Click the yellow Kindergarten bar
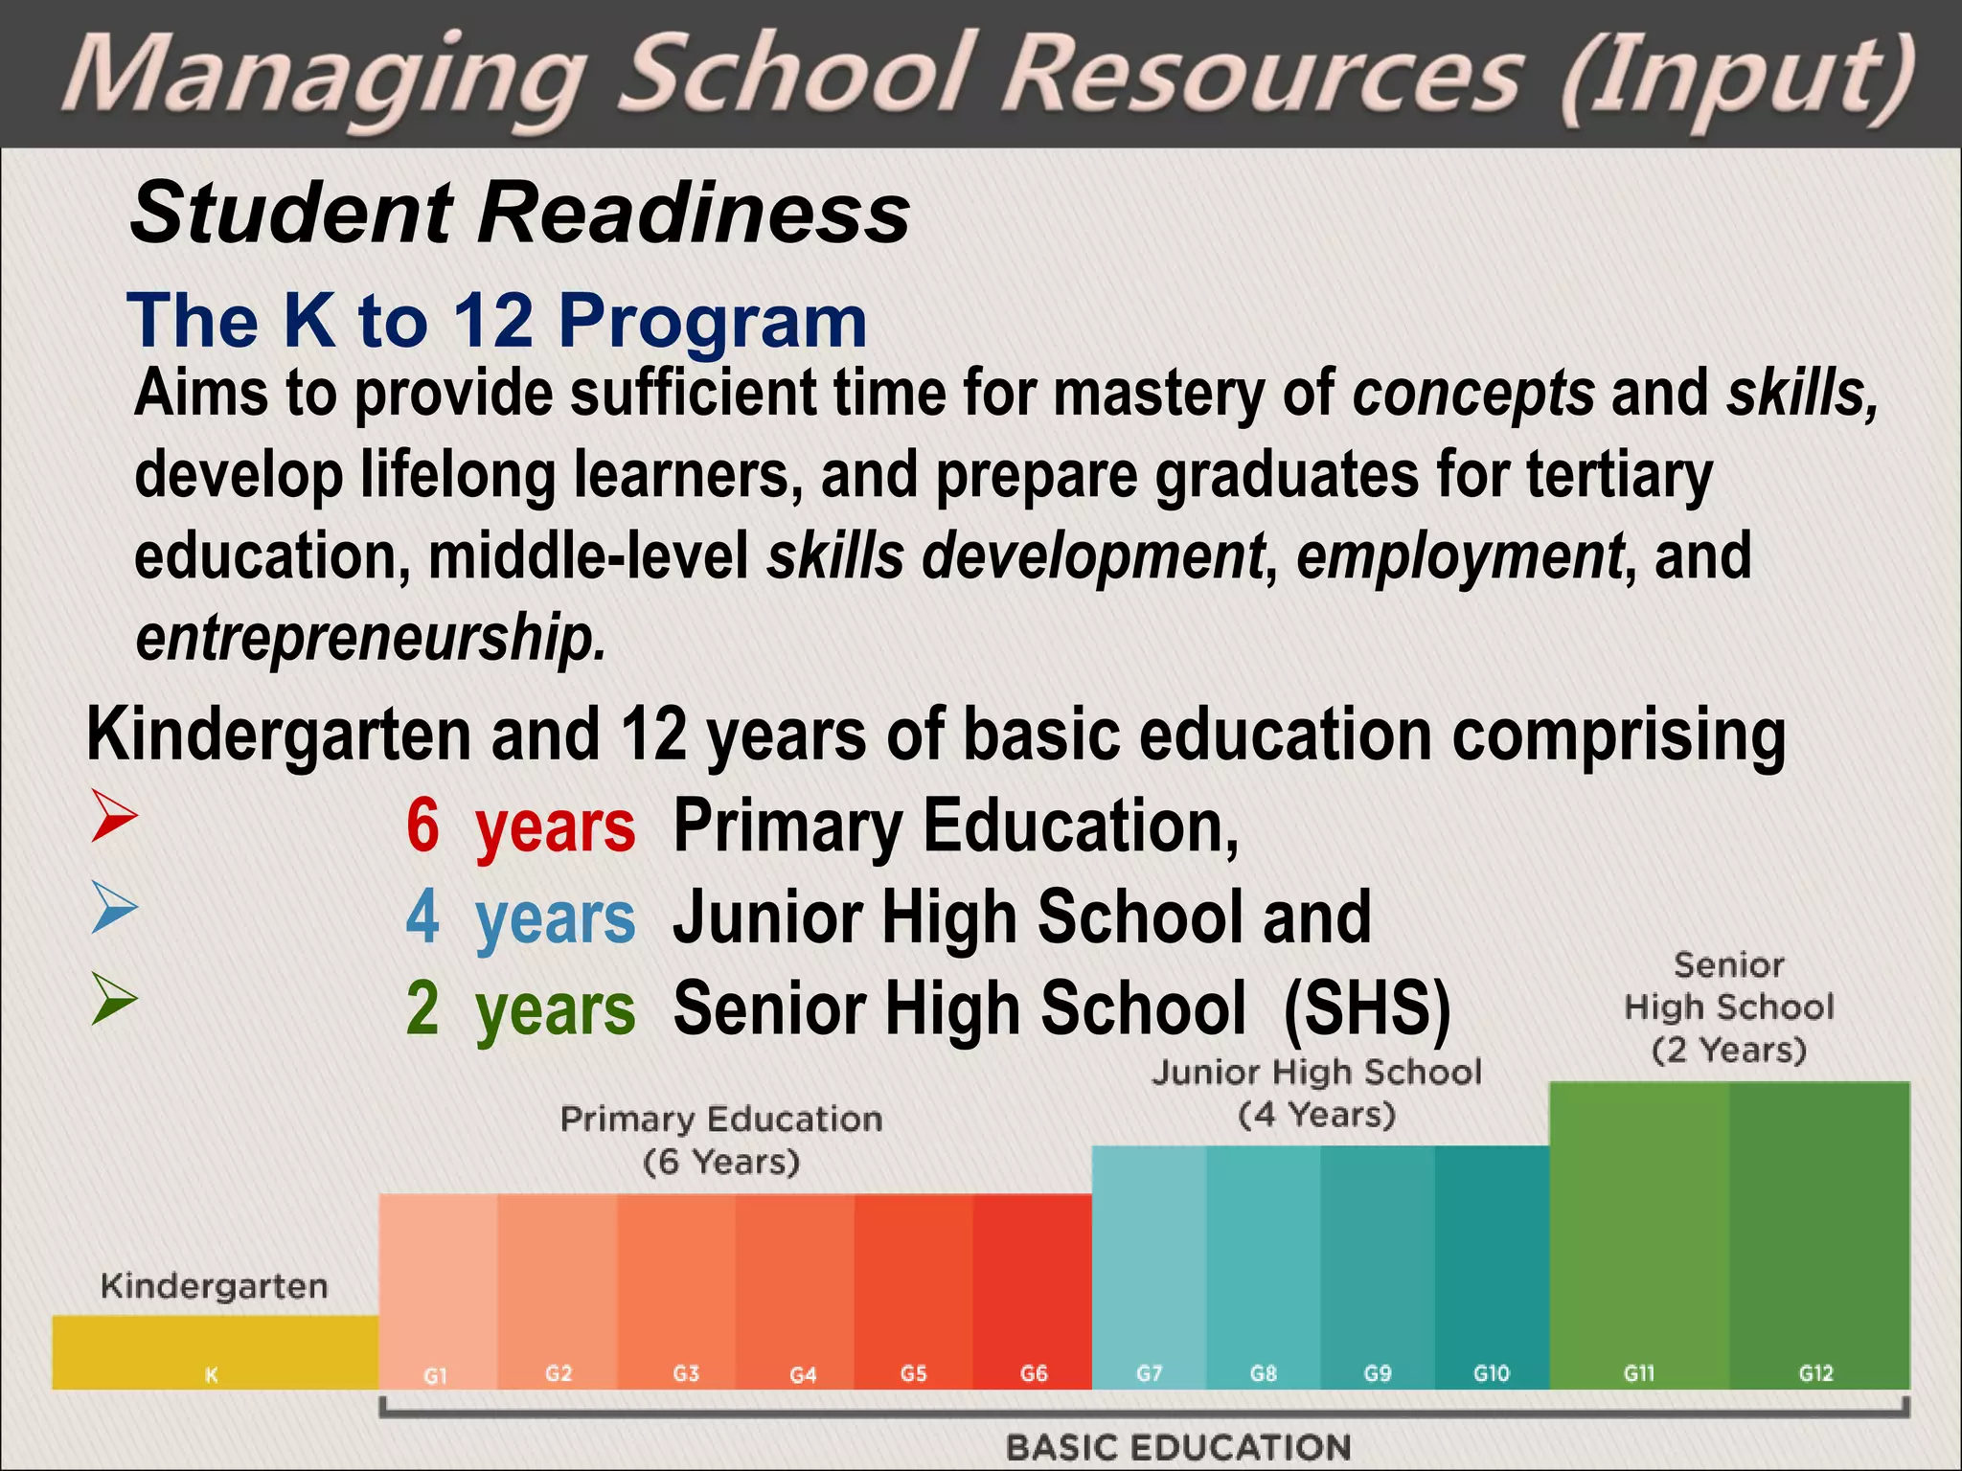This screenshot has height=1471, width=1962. pos(215,1352)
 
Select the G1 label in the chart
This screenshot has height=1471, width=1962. pos(436,1376)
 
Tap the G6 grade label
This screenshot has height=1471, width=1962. pos(1034,1374)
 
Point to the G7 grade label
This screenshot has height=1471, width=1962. pos(1149,1374)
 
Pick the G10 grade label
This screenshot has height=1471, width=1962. pos(1491,1374)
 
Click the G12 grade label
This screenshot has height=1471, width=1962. pos(1815,1374)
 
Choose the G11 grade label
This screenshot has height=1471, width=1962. pos(1639,1374)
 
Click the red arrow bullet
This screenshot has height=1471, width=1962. pos(114,817)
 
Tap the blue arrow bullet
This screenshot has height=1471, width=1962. pos(114,907)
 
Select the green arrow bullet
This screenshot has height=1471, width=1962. pos(114,999)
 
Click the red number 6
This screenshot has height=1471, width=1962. pos(422,826)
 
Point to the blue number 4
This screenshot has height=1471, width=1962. pos(422,917)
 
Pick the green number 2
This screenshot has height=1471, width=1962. pos(422,1008)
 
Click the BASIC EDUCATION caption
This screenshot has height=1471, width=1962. pos(1178,1447)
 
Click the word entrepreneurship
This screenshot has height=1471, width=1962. pos(371,638)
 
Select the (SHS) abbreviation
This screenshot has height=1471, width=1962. pos(1366,1008)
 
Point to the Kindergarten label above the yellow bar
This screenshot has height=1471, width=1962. pos(214,1286)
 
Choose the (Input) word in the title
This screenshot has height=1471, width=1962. pos(1736,79)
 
